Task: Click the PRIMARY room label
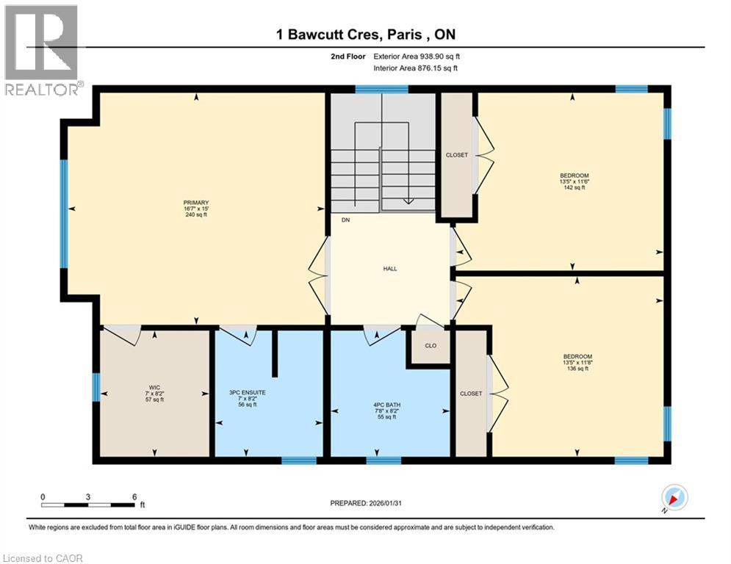click(196, 209)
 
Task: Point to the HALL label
click(390, 269)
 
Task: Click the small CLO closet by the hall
click(431, 345)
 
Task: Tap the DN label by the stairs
click(345, 219)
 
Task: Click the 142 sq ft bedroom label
click(574, 181)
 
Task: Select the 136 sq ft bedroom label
click(577, 363)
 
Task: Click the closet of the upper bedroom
click(456, 155)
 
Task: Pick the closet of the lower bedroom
click(471, 394)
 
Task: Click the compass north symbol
click(674, 499)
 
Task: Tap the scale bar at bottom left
click(88, 505)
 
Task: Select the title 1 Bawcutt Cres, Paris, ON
click(365, 35)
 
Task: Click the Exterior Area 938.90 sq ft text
click(417, 57)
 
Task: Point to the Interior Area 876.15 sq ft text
click(416, 68)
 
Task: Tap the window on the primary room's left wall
click(64, 213)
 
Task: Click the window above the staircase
click(381, 90)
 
